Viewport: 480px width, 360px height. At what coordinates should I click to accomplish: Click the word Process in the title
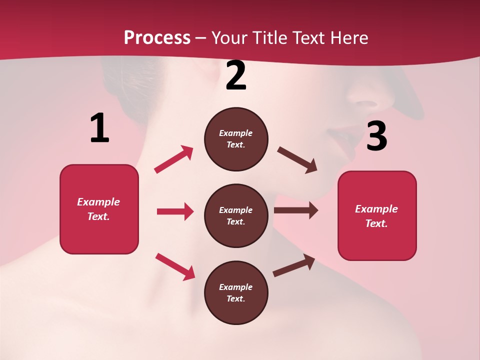click(x=157, y=37)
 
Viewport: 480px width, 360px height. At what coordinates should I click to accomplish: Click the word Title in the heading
click(x=269, y=37)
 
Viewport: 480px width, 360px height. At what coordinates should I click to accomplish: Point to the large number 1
click(x=99, y=128)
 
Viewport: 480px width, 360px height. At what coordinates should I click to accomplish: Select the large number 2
click(x=236, y=76)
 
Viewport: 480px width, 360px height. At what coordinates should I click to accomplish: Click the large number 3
click(x=376, y=136)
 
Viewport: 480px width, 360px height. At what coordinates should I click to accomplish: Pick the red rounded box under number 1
click(x=99, y=209)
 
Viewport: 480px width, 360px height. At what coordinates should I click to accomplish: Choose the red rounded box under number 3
click(x=377, y=215)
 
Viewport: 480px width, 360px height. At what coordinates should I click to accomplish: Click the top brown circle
click(x=236, y=139)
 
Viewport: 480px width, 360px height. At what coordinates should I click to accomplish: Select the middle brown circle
click(x=236, y=215)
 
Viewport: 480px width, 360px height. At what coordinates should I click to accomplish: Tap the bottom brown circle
click(x=236, y=292)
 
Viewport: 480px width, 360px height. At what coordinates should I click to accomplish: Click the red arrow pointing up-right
click(x=174, y=159)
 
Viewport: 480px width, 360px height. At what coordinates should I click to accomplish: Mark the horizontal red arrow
click(x=175, y=211)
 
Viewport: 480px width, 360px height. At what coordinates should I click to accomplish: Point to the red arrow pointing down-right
click(x=175, y=266)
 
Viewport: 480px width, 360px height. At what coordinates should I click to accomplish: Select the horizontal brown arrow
click(x=296, y=210)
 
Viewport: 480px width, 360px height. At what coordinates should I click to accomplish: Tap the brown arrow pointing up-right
click(x=294, y=265)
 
